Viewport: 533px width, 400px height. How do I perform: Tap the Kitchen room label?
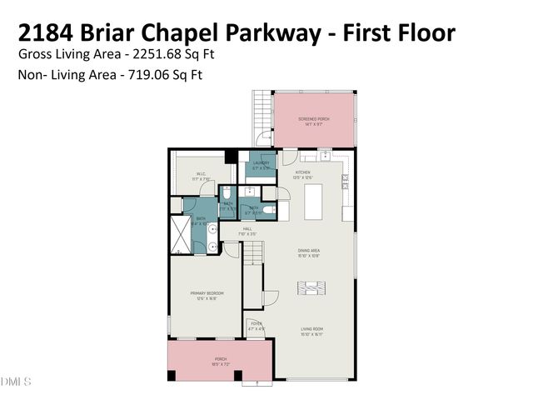pos(301,175)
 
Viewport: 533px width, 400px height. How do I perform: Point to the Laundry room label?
pos(262,164)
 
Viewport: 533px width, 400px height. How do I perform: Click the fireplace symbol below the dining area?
pos(313,288)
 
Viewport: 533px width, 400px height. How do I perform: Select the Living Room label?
pos(312,331)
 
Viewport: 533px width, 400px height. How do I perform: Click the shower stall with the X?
pos(181,234)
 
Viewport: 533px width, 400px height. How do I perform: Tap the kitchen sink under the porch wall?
pos(316,156)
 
